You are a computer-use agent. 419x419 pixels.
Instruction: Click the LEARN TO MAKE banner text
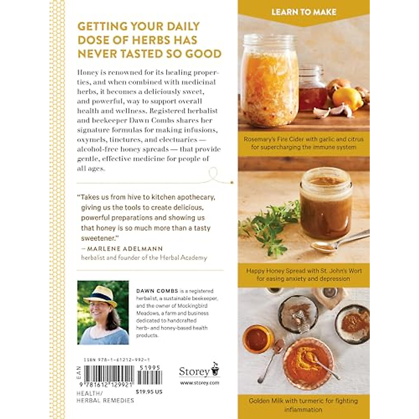304,12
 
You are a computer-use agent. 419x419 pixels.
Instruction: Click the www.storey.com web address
199,383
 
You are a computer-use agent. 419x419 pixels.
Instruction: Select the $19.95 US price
149,392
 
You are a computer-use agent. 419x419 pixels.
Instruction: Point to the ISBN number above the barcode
117,360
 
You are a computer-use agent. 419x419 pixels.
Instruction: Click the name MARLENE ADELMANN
124,249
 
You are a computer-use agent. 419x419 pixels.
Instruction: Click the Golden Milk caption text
303,405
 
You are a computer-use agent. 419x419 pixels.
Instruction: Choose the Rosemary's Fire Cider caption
303,143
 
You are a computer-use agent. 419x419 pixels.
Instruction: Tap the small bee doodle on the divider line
231,182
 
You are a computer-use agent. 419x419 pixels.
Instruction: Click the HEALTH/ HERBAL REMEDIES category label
105,397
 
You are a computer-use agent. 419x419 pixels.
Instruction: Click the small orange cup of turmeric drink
257,339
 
